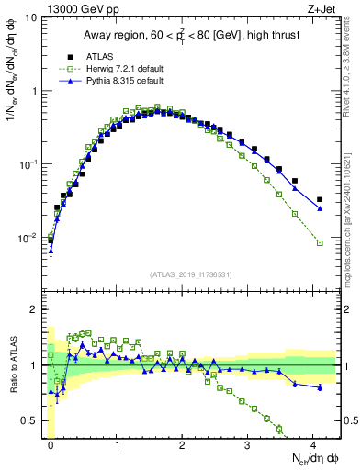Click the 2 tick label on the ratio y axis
pos(34,309)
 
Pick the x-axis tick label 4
pos(314,444)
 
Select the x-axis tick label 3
pos(248,444)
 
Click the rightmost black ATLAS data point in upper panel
pos(320,199)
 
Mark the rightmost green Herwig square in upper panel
pos(320,242)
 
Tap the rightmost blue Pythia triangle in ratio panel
pos(320,387)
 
